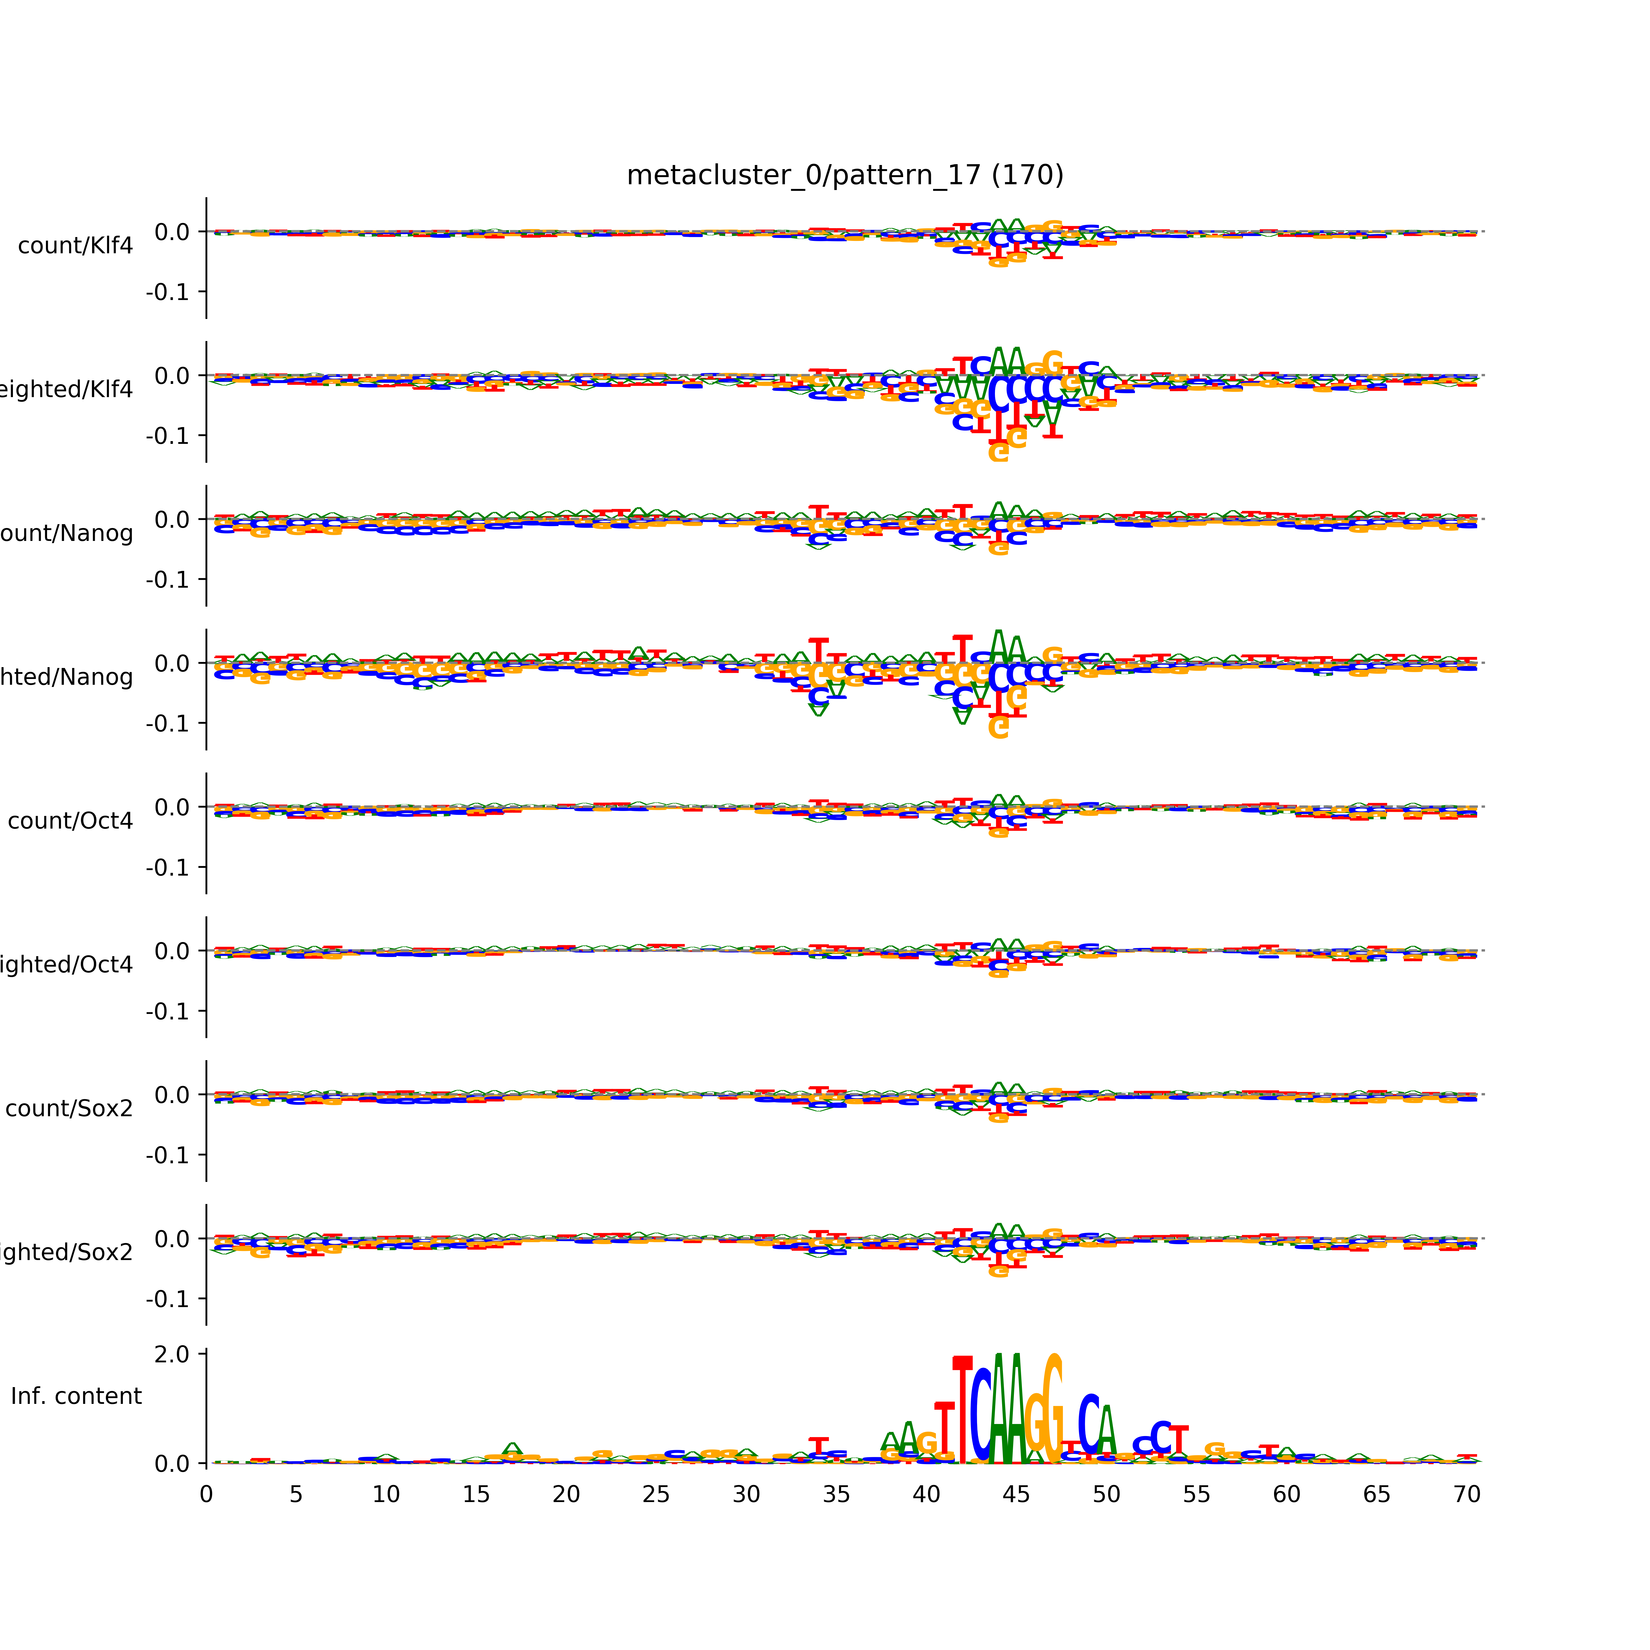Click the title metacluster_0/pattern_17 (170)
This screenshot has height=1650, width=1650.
coord(845,175)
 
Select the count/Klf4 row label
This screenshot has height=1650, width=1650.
coord(75,246)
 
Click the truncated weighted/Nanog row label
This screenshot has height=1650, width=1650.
coord(67,677)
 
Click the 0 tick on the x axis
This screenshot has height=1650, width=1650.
coord(206,1495)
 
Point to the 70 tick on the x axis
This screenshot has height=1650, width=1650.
coord(1466,1495)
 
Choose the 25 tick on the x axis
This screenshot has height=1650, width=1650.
coord(656,1495)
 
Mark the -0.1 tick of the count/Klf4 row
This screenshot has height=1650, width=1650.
coord(167,292)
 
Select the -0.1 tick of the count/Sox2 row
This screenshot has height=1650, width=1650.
coord(167,1156)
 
